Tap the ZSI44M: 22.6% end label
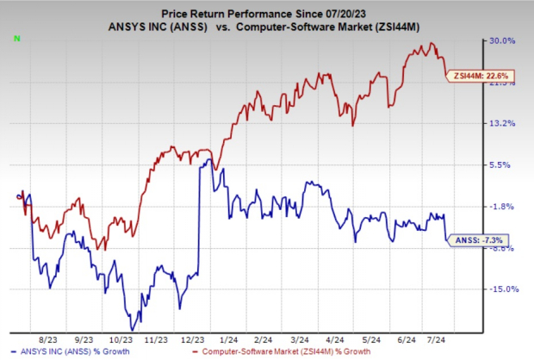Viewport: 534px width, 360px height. pos(470,76)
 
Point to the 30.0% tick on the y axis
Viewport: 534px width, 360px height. pos(503,40)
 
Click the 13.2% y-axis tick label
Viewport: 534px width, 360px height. pos(503,123)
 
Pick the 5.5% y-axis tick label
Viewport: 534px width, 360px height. pos(505,164)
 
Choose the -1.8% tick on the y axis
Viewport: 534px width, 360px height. pos(504,206)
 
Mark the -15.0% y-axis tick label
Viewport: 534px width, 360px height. pos(502,289)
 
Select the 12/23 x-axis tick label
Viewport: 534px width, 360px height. pos(193,340)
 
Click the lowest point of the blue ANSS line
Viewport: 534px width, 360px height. pos(132,329)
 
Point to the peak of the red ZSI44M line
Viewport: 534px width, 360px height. pos(431,43)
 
